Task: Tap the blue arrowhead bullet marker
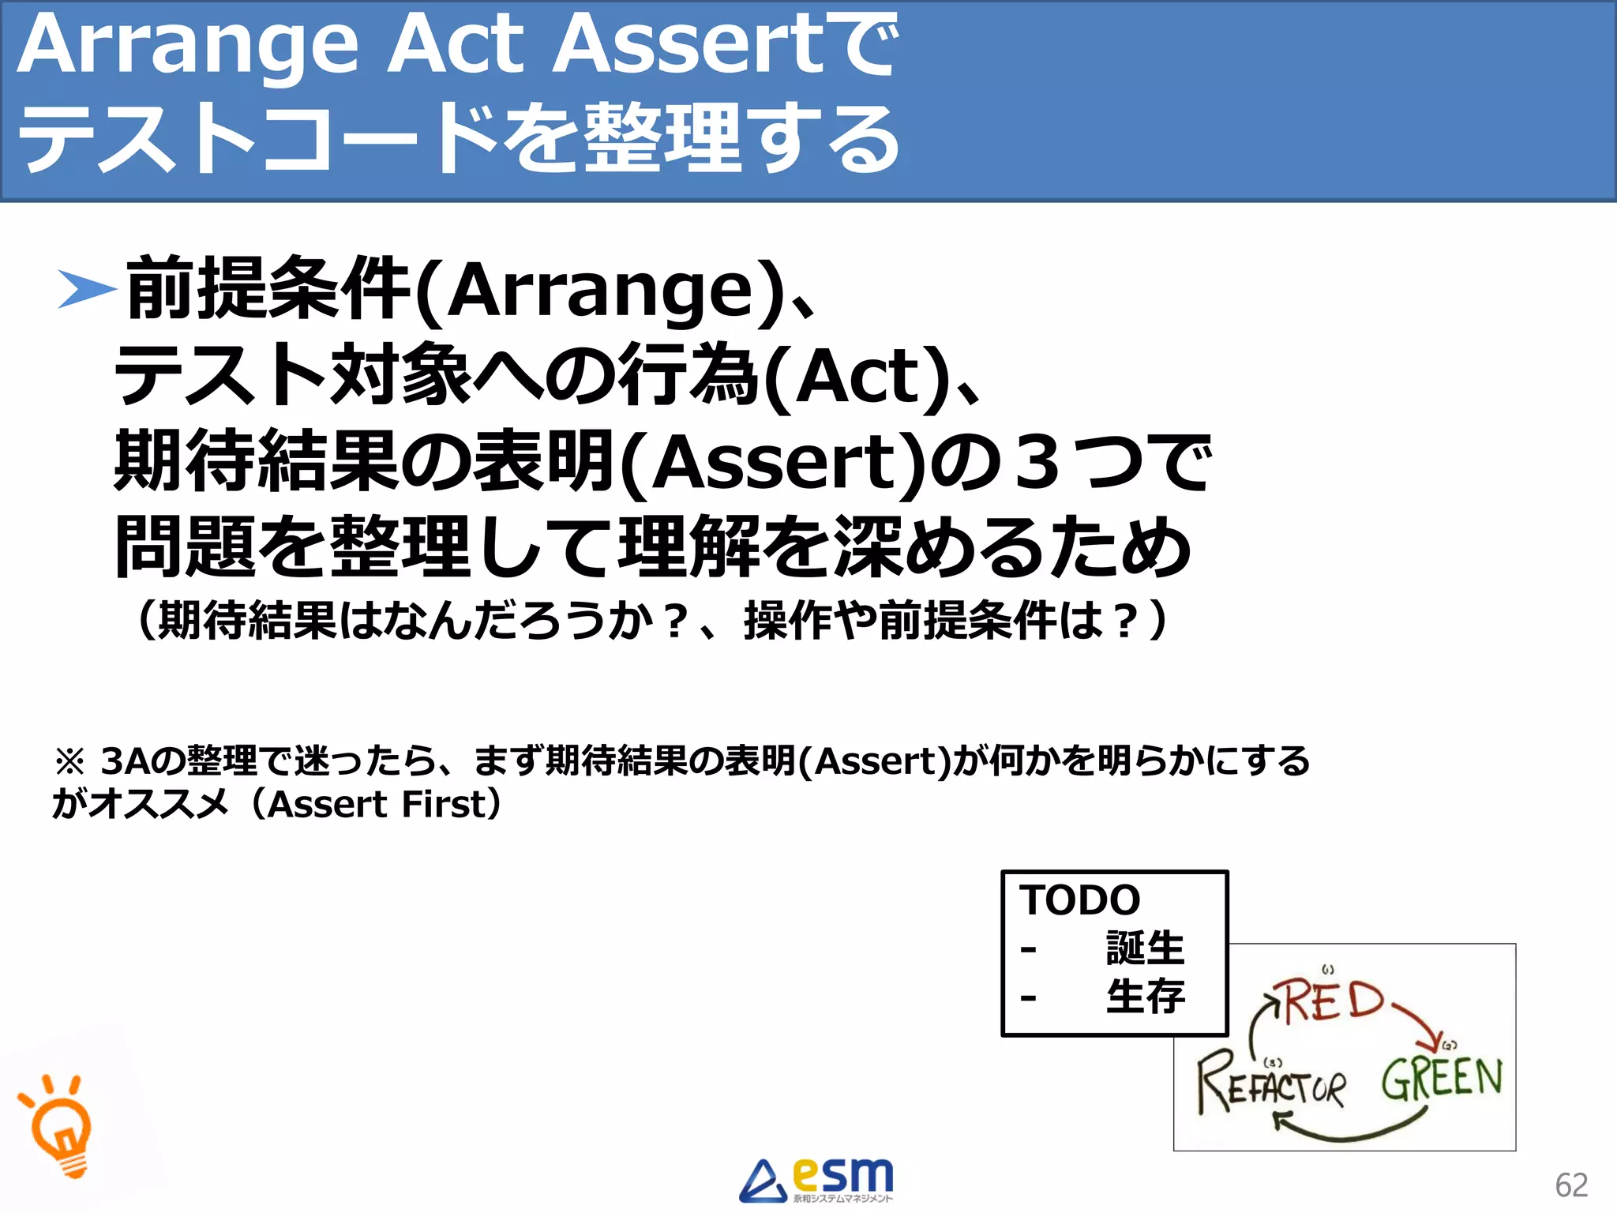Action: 87,289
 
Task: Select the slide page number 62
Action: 1570,1185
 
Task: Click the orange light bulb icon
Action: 60,1125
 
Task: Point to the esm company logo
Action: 816,1180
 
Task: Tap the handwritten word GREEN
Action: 1442,1080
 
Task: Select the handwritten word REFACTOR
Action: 1271,1084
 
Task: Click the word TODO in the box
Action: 1079,900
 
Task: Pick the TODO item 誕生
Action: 1145,948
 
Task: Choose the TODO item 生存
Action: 1145,996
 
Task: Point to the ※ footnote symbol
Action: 69,762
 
